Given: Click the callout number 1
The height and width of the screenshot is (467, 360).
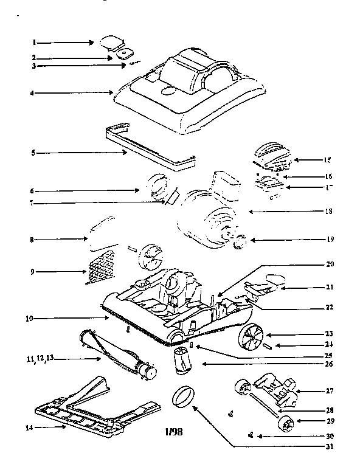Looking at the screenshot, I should (35, 43).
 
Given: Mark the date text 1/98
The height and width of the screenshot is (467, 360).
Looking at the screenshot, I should (173, 432).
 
